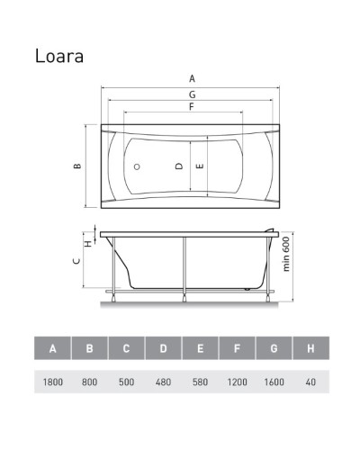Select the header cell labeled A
pyautogui.click(x=53, y=347)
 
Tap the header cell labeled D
pyautogui.click(x=163, y=347)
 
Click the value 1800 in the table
pyautogui.click(x=53, y=382)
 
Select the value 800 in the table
pyautogui.click(x=90, y=382)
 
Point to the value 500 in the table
pyautogui.click(x=127, y=382)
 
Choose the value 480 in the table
pyautogui.click(x=163, y=382)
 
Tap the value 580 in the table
pyautogui.click(x=199, y=382)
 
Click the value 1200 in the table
pyautogui.click(x=236, y=382)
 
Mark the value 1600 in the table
pyautogui.click(x=272, y=382)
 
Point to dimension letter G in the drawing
pyautogui.click(x=191, y=94)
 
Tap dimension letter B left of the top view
pyautogui.click(x=77, y=166)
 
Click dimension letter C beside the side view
pyautogui.click(x=77, y=261)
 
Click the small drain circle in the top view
pyautogui.click(x=138, y=167)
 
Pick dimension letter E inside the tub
pyautogui.click(x=199, y=166)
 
